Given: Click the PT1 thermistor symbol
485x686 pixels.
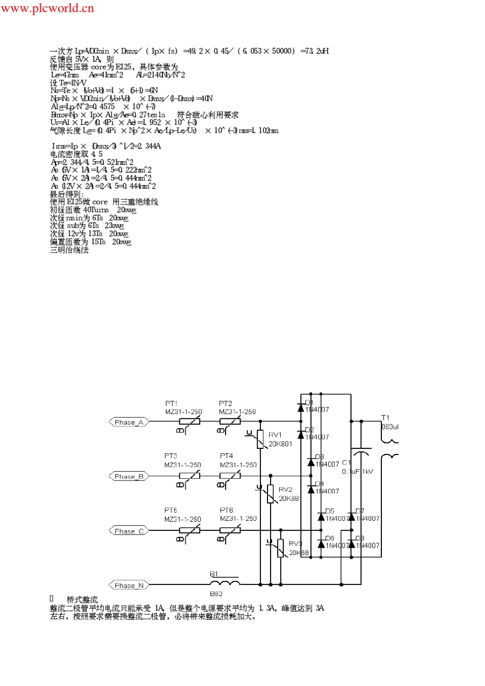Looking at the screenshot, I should coord(189,422).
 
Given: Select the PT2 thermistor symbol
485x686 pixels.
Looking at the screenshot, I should coord(230,422).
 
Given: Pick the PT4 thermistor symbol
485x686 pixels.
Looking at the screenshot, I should coord(230,476).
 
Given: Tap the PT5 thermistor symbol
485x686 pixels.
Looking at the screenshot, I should coord(189,530).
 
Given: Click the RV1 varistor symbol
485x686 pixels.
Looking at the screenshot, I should coord(260,439).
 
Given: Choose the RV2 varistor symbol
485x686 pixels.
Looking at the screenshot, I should coord(271,494).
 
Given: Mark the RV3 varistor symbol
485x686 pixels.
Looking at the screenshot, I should coord(280,548).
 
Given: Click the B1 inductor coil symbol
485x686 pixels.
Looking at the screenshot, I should coord(225,582).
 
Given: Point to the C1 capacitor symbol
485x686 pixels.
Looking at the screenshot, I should coord(361,453).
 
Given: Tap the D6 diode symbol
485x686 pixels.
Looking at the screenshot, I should coord(321,544).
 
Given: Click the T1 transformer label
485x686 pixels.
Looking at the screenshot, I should coord(385,418).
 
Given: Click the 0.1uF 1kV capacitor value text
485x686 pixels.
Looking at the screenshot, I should coord(357,471).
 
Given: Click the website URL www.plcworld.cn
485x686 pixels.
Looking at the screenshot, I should coord(47,8).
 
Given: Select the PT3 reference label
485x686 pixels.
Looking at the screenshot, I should coord(171,456).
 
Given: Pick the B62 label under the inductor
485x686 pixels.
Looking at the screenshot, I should coord(216,594).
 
